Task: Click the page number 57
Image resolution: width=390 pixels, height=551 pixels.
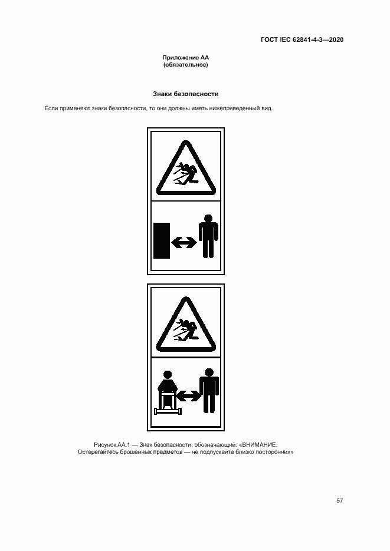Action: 339,500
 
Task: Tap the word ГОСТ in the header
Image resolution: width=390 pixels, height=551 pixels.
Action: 269,39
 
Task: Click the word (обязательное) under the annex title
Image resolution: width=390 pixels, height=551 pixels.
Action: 186,65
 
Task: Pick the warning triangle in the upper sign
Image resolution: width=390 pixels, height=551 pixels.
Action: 186,168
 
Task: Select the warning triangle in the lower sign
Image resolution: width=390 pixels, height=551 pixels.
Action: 186,324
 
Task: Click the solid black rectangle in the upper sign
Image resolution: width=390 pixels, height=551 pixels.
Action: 162,240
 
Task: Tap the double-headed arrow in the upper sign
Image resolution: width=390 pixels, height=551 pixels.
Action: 184,242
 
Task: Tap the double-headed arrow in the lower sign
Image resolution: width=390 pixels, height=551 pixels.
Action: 188,396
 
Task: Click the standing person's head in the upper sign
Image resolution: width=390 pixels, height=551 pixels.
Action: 208,219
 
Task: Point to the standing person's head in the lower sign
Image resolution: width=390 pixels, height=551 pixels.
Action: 209,373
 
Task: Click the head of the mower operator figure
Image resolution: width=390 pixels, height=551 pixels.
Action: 168,375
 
